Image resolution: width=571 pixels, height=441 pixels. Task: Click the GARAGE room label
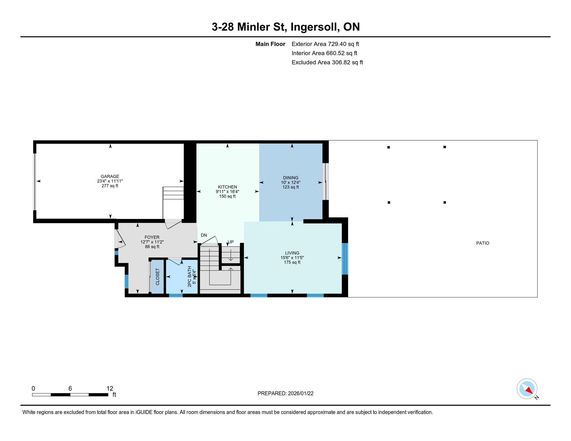[110, 176]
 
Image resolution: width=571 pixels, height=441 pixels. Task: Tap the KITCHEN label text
[227, 187]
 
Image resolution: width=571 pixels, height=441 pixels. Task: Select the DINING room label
[290, 178]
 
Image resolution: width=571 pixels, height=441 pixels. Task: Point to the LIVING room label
[292, 253]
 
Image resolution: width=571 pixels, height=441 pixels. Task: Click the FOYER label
[152, 237]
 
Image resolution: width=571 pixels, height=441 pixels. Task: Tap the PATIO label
[483, 243]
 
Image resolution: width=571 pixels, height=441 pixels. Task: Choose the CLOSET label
[157, 277]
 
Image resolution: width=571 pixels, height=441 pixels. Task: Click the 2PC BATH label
[189, 277]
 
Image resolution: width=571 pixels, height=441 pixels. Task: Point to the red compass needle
[529, 390]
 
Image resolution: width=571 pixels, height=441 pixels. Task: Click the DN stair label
[204, 235]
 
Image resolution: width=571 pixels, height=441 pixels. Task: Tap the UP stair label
[230, 242]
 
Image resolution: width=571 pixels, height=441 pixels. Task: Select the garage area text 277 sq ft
[110, 186]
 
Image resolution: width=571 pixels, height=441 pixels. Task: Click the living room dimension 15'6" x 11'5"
[292, 258]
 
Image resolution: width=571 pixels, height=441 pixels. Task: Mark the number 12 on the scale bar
[110, 388]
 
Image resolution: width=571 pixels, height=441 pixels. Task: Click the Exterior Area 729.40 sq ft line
[325, 44]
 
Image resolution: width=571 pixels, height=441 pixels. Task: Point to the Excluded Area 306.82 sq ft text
[327, 62]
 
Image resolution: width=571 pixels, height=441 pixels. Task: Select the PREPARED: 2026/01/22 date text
[285, 393]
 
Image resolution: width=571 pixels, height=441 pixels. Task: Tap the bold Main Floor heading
[270, 44]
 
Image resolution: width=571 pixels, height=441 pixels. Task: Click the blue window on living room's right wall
[345, 259]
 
